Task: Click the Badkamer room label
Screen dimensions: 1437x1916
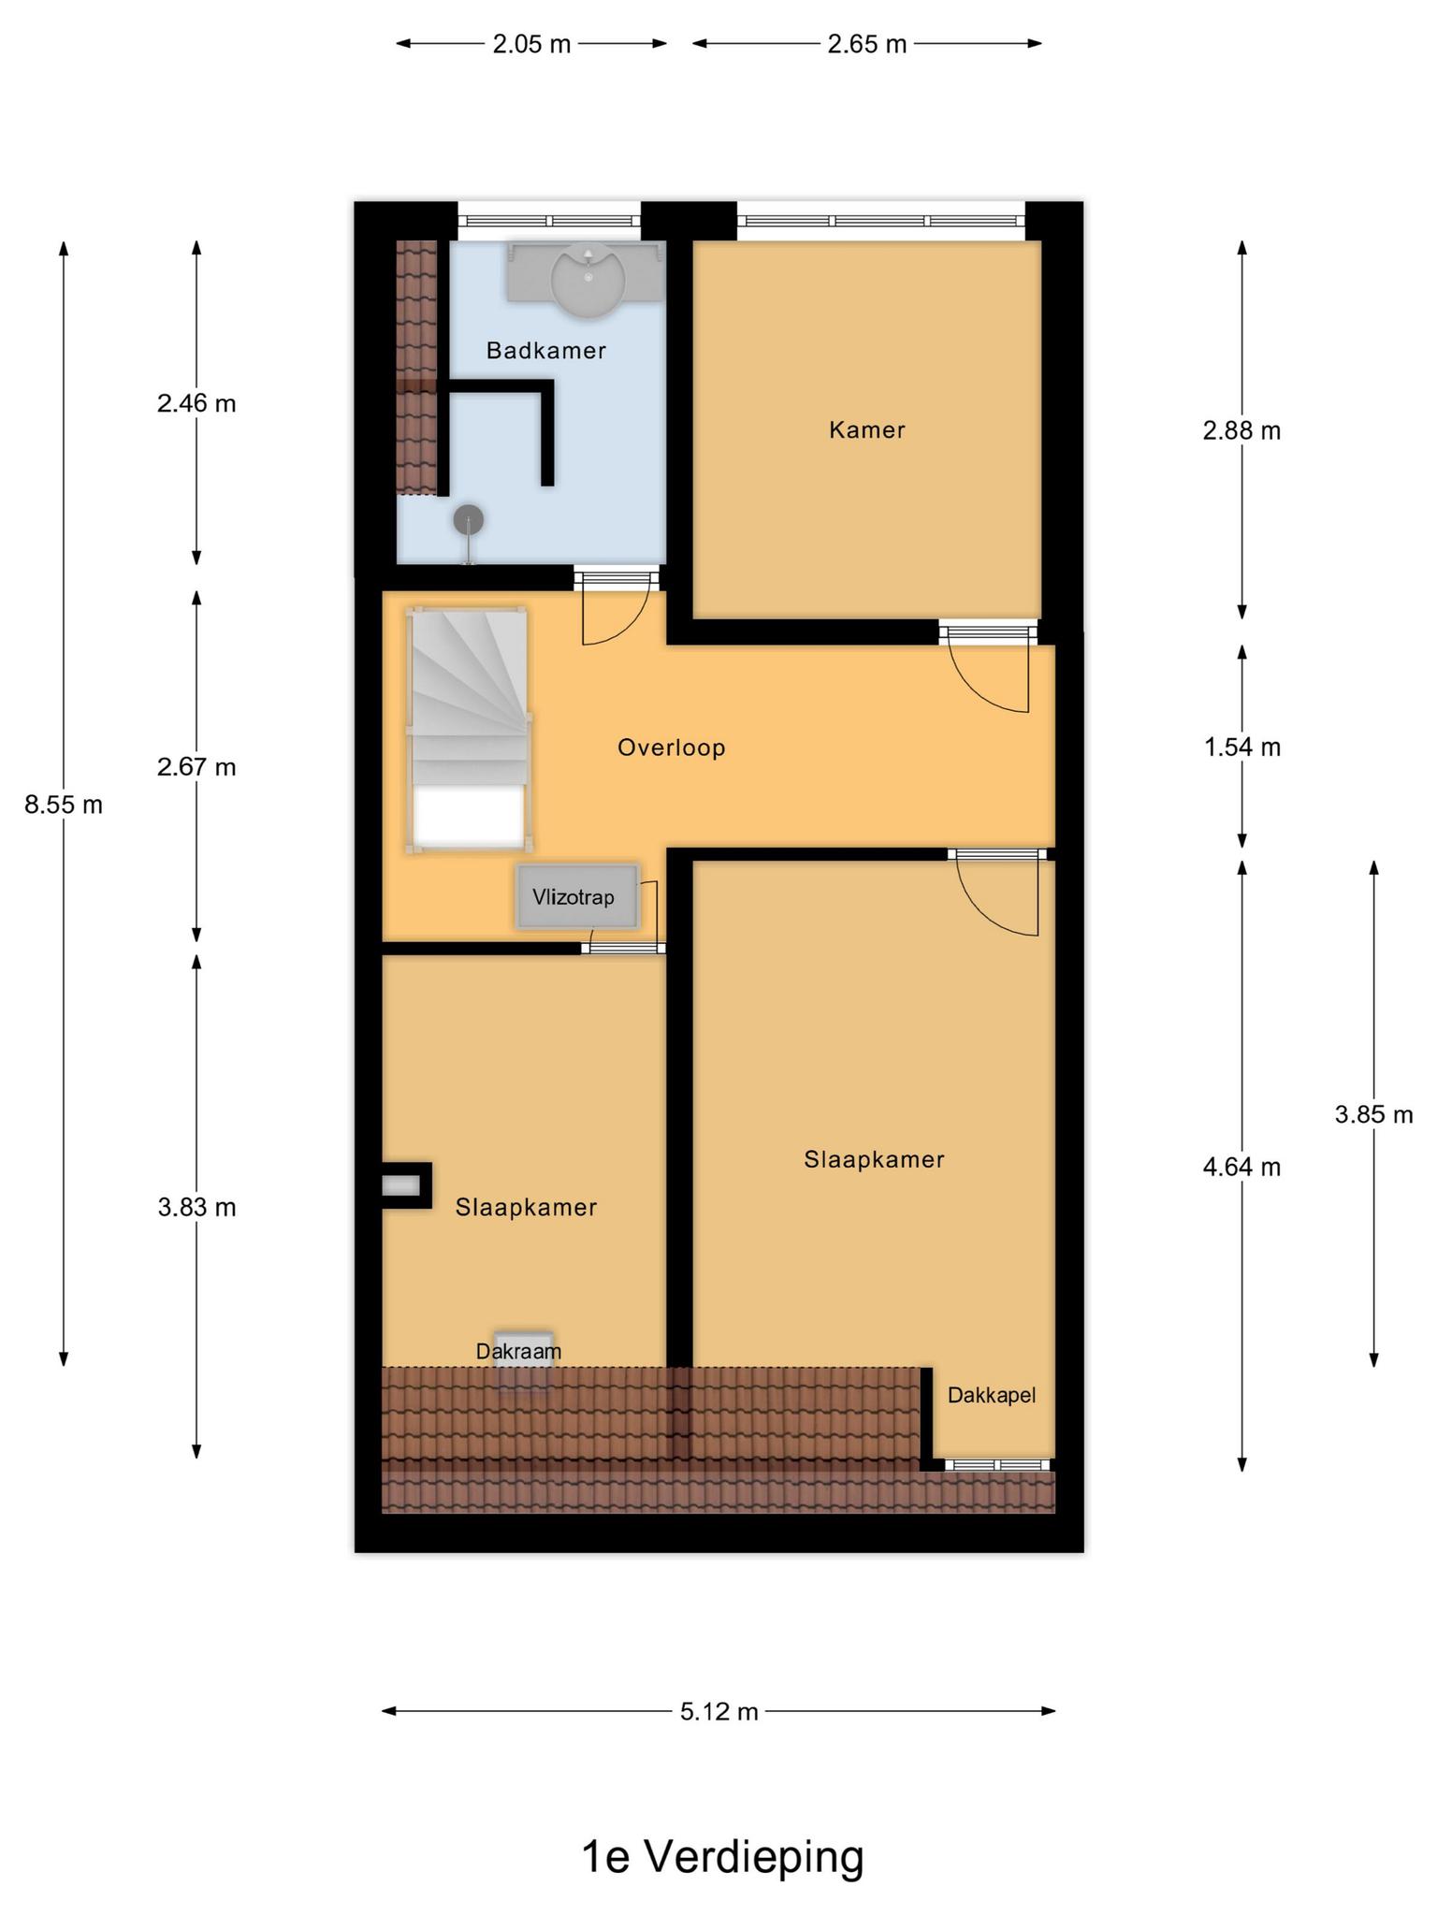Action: [x=546, y=351]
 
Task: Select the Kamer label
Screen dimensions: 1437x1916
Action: [x=867, y=430]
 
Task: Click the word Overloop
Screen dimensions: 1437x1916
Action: [x=672, y=748]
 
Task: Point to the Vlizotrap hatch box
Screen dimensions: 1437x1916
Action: [x=577, y=897]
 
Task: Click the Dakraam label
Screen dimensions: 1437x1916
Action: [x=518, y=1352]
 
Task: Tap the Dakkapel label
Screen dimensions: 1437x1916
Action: [x=992, y=1396]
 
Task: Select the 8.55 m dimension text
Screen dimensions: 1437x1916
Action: [x=64, y=805]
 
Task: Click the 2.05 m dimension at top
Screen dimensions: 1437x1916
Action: [x=531, y=44]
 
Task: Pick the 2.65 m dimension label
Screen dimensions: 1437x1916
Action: [x=867, y=44]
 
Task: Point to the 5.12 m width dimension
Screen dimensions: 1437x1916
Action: [x=718, y=1712]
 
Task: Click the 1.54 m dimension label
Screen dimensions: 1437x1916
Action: [x=1242, y=748]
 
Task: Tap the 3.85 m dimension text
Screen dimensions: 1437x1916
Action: [x=1373, y=1114]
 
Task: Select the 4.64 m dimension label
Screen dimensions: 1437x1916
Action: [x=1242, y=1168]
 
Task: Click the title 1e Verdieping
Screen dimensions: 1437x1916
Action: [x=722, y=1857]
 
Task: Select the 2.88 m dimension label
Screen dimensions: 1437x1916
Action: [x=1242, y=431]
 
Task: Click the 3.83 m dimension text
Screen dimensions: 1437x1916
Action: [x=196, y=1208]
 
